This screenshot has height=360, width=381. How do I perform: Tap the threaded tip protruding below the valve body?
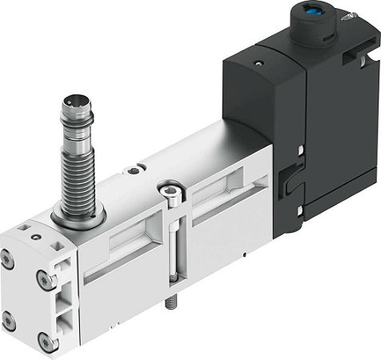coord(172,305)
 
